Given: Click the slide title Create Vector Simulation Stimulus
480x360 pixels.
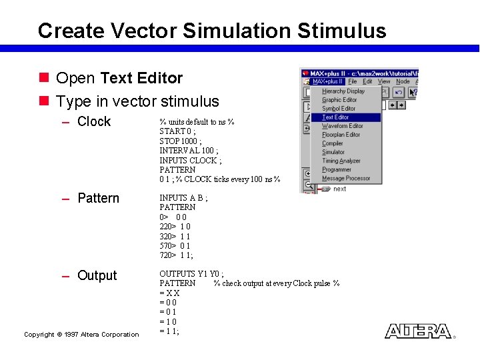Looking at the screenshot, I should click(212, 31).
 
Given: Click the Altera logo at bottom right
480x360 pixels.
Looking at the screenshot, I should click(418, 331).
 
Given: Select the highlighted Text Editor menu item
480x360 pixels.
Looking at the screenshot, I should click(336, 117).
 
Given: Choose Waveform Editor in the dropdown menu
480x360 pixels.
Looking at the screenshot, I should click(342, 126).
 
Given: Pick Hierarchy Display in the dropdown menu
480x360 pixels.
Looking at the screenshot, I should click(343, 91).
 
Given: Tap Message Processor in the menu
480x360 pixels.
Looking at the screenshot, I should click(345, 178).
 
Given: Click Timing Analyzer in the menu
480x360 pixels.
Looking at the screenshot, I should click(341, 161).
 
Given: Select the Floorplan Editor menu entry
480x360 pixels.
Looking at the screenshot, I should click(341, 135).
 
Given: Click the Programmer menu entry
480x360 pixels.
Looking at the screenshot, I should click(336, 169).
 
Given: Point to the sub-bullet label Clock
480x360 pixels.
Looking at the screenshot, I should click(94, 121).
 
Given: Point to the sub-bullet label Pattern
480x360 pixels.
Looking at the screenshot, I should click(98, 198).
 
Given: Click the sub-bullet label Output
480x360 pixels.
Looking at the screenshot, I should click(97, 275).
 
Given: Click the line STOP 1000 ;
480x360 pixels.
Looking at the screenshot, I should click(180, 141).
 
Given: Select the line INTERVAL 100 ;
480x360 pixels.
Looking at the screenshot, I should click(185, 151).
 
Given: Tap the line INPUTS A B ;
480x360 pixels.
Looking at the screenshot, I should click(183, 198).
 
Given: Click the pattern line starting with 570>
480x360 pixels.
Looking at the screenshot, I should click(176, 245).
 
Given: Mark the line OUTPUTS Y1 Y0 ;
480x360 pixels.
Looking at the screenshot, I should click(191, 274).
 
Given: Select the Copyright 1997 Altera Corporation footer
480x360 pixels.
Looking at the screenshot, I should click(81, 335).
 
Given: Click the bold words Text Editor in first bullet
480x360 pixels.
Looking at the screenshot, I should click(141, 78).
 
